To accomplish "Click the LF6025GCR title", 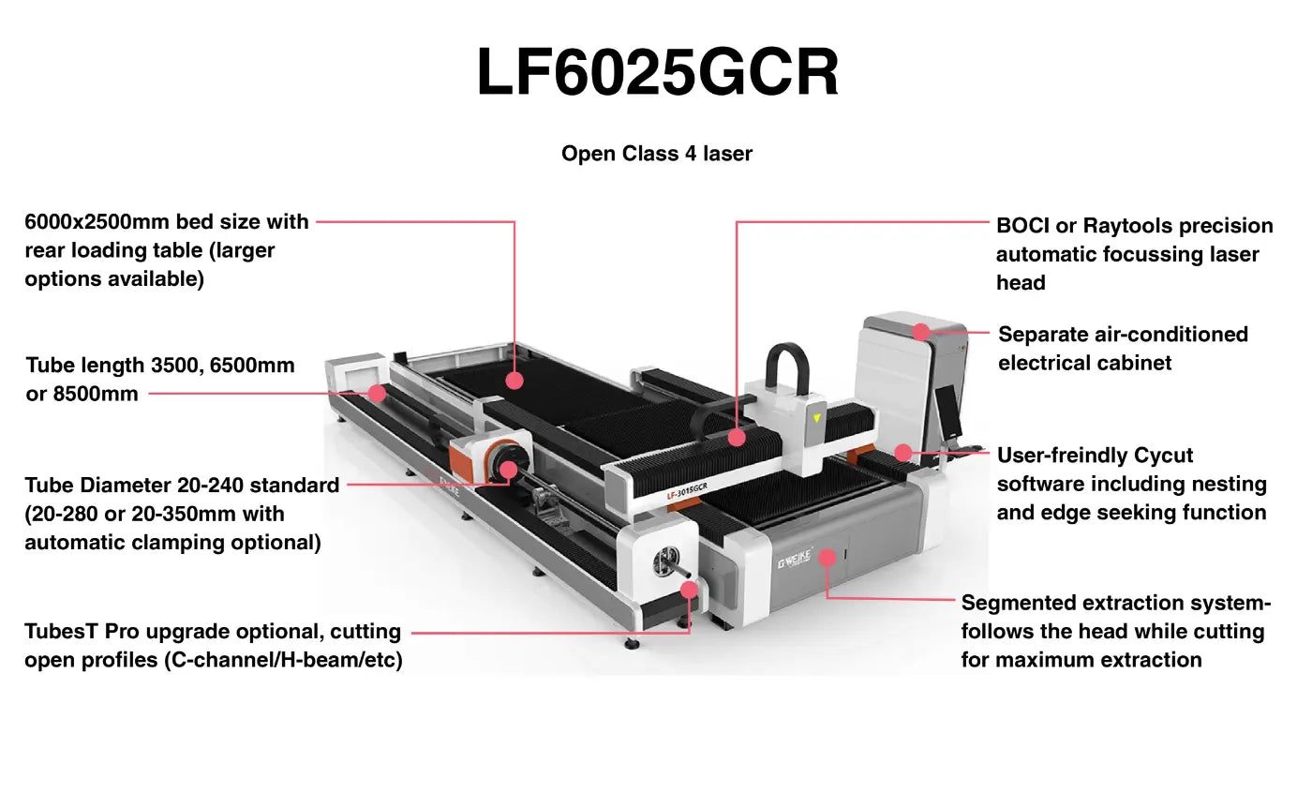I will coord(657,72).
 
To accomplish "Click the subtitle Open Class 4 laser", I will coord(656,153).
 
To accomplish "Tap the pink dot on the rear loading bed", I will coord(514,380).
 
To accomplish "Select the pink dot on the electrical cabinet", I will coord(921,332).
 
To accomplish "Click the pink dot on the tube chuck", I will coord(509,470).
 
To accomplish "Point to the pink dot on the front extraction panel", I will coord(827,558).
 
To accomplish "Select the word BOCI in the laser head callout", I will coord(1022,226).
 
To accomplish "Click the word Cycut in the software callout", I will coord(1163,456).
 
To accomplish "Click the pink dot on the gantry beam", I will coord(737,437).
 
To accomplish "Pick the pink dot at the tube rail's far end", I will coord(377,393).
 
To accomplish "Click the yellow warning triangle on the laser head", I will coord(816,418).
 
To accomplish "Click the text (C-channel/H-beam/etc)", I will coord(283,660).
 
